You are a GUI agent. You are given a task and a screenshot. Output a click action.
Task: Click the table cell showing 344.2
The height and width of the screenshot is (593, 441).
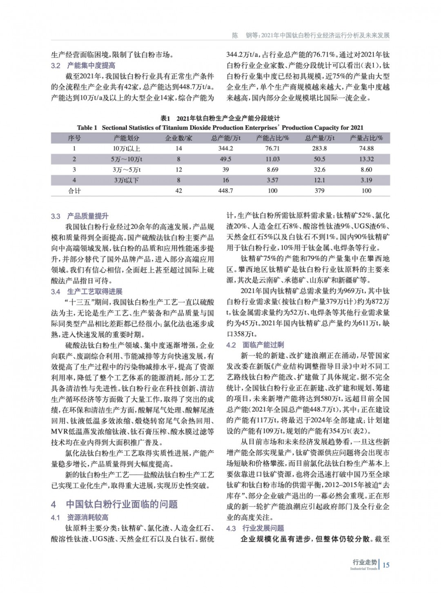click(x=225, y=148)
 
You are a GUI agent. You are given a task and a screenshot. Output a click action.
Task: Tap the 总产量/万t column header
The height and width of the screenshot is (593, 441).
click(x=319, y=138)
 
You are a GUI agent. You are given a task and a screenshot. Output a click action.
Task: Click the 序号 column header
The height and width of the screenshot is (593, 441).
click(x=74, y=138)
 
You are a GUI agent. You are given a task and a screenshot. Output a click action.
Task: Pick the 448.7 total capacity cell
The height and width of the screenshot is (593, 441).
click(x=225, y=190)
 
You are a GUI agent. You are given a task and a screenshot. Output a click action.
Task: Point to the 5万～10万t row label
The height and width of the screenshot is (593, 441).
click(x=127, y=159)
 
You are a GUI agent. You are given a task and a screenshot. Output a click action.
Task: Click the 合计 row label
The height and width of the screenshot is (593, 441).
click(x=74, y=190)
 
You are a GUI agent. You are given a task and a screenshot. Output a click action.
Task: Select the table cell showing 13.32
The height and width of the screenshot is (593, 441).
click(x=366, y=159)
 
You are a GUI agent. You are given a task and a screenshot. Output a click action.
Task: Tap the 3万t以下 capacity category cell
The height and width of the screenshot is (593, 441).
click(x=127, y=180)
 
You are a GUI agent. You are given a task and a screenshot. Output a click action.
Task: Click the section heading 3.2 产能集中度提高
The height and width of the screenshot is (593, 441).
click(x=83, y=65)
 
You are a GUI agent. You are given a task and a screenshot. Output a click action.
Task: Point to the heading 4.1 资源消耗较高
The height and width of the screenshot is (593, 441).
click(x=80, y=518)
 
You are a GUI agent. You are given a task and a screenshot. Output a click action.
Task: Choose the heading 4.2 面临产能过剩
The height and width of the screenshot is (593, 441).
click(x=255, y=345)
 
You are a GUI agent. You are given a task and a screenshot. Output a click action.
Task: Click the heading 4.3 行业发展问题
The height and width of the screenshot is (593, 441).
click(x=255, y=528)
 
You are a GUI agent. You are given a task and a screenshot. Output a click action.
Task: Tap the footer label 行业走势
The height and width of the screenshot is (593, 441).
click(x=365, y=562)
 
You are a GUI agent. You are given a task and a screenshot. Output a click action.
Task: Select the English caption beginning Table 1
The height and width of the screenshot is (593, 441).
click(x=220, y=128)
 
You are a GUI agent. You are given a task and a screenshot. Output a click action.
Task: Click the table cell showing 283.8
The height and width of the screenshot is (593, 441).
click(x=319, y=148)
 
